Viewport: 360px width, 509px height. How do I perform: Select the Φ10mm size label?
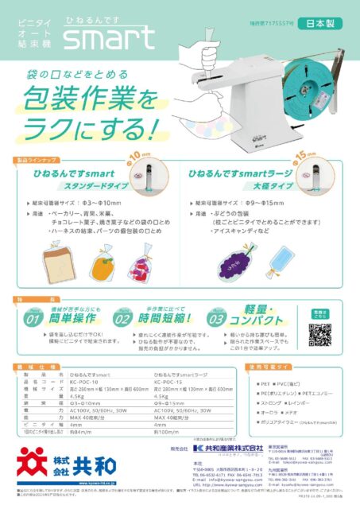point(139,155)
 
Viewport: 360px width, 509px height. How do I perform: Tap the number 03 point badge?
point(215,319)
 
